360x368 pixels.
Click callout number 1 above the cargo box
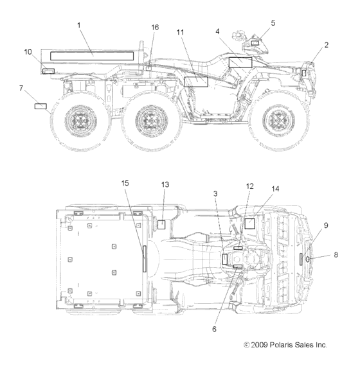coord(79,25)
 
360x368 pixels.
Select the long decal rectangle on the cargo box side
coord(92,56)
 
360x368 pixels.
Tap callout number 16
coord(155,28)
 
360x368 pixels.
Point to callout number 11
coord(180,32)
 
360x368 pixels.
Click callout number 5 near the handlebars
coord(273,23)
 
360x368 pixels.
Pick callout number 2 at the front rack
coord(327,45)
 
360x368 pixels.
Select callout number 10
coord(28,52)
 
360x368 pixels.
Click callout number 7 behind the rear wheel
coord(21,88)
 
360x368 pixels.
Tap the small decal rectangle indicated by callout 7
coord(40,107)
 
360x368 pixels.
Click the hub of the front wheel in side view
coord(278,120)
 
